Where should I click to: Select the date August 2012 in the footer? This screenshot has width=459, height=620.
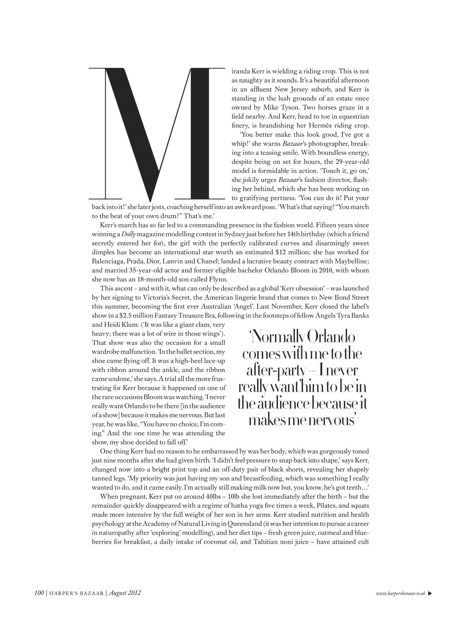(x=125, y=593)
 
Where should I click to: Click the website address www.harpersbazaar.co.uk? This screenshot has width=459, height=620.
(x=401, y=593)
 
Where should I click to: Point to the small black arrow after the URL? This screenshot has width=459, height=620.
(x=430, y=593)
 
